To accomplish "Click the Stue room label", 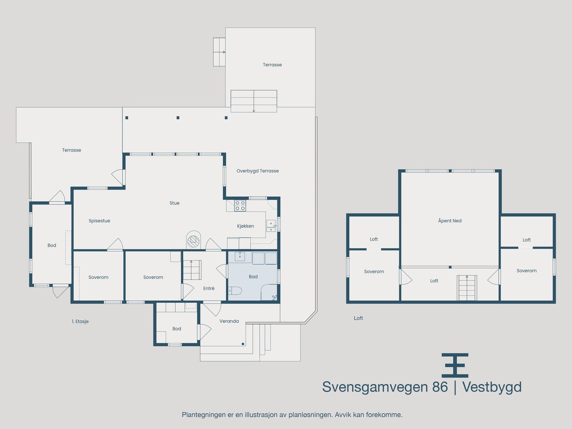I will coord(174,203).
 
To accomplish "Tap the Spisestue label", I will coord(99,221).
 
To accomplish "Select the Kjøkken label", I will coord(246,226).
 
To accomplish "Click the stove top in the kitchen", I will coord(240,206).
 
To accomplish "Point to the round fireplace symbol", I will coord(193,241).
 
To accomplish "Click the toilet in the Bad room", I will coord(235,290).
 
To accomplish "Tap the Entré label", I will coord(209,289).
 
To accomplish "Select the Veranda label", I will coord(229,321).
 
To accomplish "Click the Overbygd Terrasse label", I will coord(257,171).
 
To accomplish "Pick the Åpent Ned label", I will coord(450,221).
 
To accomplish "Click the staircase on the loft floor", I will coord(467,288).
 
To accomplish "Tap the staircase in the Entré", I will coord(192,270).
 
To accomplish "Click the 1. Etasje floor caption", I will coord(80,321).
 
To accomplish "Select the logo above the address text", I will coord(455,365).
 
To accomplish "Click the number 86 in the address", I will coord(440,387).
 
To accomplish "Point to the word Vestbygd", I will coord(492,387).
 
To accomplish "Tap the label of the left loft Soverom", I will coord(374,271).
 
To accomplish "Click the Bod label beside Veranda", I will coord(177,329).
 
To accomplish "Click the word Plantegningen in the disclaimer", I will coord(204,415).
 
